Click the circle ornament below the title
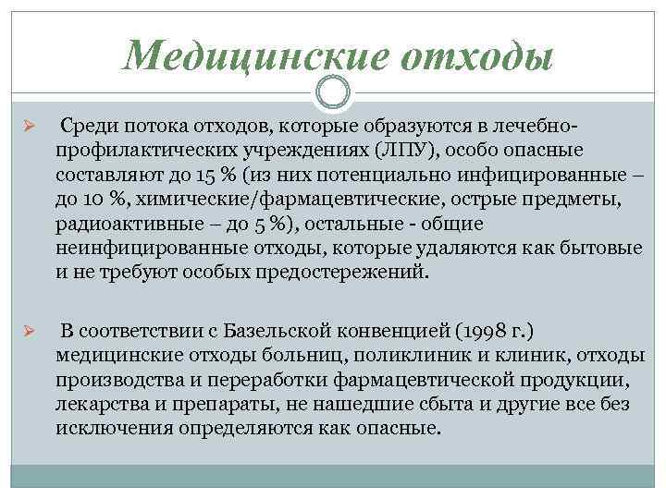point(333,92)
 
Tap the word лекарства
point(99,406)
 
